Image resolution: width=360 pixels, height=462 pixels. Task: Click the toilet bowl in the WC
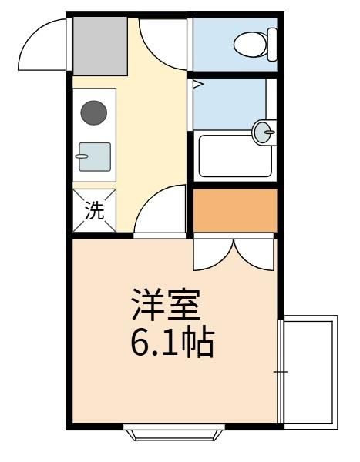(x=251, y=44)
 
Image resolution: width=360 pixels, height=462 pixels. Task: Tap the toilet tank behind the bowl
(x=272, y=45)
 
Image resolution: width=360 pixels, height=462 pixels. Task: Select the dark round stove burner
(x=94, y=113)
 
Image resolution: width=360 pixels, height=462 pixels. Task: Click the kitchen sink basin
(x=95, y=157)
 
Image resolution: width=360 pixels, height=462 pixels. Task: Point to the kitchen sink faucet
(x=82, y=156)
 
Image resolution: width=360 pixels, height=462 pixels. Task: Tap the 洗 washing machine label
(x=94, y=210)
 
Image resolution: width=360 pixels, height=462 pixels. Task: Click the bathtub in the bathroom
(x=235, y=156)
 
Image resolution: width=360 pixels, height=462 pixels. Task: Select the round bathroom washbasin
(x=264, y=132)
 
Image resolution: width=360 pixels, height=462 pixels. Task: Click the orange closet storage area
(x=235, y=210)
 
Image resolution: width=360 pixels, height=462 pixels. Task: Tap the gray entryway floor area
(x=100, y=46)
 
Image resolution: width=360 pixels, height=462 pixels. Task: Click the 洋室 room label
(x=167, y=304)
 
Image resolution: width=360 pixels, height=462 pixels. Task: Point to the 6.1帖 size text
(x=173, y=343)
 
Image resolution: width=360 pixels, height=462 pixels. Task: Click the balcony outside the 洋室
(x=308, y=373)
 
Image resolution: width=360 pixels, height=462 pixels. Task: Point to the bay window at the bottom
(x=174, y=432)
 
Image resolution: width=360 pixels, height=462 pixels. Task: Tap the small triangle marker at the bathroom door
(x=197, y=85)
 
